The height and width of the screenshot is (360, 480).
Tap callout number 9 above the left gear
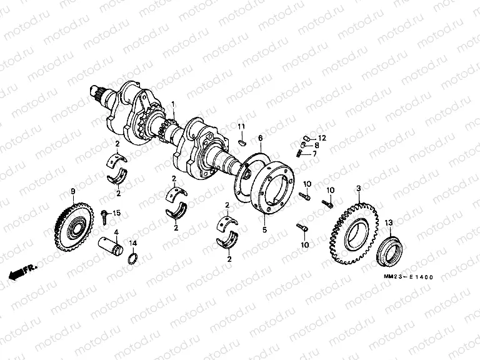tap(72, 191)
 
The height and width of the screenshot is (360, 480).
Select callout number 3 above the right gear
tap(358, 188)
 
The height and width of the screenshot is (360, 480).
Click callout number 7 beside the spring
tap(314, 154)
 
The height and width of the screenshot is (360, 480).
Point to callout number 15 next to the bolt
tap(116, 214)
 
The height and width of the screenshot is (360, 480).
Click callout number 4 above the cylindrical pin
tap(115, 231)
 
